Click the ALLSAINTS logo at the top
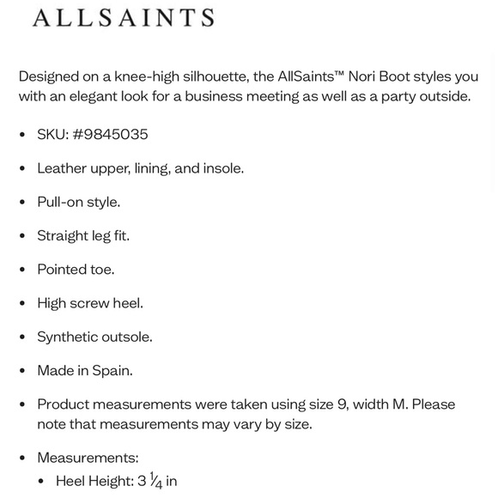(123, 18)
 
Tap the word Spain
(112, 371)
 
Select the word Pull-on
(61, 203)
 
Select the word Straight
(64, 236)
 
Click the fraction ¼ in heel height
(155, 482)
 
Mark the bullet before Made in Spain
(22, 371)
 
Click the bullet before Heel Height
(41, 482)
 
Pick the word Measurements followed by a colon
(87, 459)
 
